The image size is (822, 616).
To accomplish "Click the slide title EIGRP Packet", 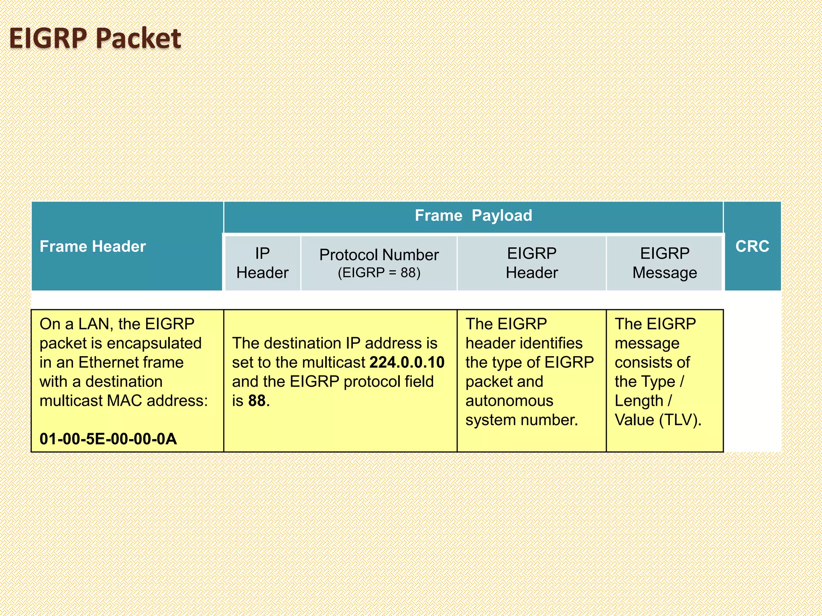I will [95, 39].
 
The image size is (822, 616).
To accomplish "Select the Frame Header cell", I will [93, 246].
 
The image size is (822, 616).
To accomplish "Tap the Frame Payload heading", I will [473, 216].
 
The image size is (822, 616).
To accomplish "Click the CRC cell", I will [752, 246].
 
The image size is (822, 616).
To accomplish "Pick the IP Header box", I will [262, 263].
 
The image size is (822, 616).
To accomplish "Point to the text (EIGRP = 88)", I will [379, 273].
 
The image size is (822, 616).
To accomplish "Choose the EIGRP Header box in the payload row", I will [531, 263].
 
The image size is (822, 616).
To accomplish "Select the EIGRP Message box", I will [665, 263].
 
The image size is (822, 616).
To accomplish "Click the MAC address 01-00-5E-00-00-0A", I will [108, 439].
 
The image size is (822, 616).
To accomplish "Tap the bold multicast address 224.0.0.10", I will [407, 362].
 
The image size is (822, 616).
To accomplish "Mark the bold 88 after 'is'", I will [257, 401].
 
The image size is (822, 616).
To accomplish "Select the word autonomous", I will [509, 401].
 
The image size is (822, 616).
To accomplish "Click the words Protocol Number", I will [379, 255].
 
